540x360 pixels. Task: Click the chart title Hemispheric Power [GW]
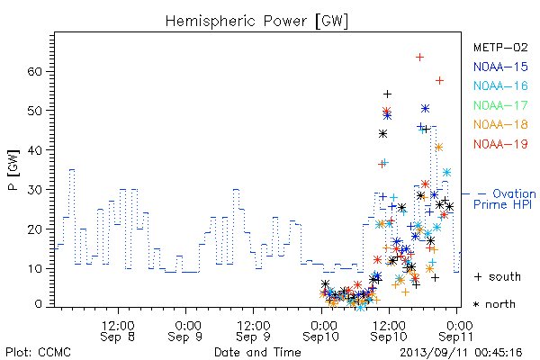pyautogui.click(x=256, y=22)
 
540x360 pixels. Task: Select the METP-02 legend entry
pyautogui.click(x=500, y=47)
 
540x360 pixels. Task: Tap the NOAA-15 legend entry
pyautogui.click(x=500, y=67)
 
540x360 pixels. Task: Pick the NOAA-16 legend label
pyautogui.click(x=500, y=85)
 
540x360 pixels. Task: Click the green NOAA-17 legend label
pyautogui.click(x=500, y=105)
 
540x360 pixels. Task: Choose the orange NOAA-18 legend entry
pyautogui.click(x=500, y=124)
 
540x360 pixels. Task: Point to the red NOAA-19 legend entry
pyautogui.click(x=500, y=144)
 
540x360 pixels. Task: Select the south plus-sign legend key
pyautogui.click(x=478, y=276)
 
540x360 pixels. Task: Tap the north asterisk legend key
pyautogui.click(x=477, y=304)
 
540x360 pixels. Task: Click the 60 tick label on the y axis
pyautogui.click(x=34, y=72)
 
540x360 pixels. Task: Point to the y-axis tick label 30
pyautogui.click(x=34, y=190)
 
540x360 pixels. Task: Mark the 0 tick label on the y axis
pyautogui.click(x=39, y=304)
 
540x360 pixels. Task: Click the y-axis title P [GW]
pyautogui.click(x=13, y=170)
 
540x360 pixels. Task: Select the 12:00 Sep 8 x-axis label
pyautogui.click(x=117, y=331)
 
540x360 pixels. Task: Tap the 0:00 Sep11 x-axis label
pyautogui.click(x=456, y=331)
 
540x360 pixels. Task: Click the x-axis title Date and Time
pyautogui.click(x=257, y=352)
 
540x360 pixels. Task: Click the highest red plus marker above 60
pyautogui.click(x=419, y=58)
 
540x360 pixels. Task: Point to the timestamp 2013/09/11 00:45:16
pyautogui.click(x=461, y=353)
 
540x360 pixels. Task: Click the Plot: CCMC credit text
pyautogui.click(x=38, y=353)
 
